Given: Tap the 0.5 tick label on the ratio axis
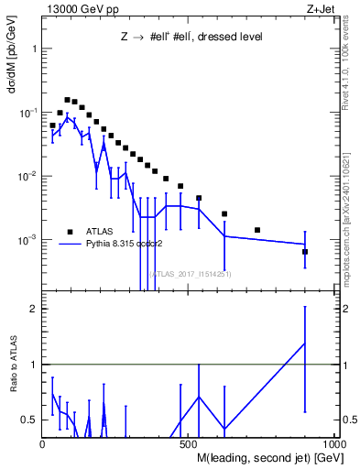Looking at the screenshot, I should tap(29, 420).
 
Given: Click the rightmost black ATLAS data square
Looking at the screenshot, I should tap(305, 251).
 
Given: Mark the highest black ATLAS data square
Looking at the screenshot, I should tap(67, 99).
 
